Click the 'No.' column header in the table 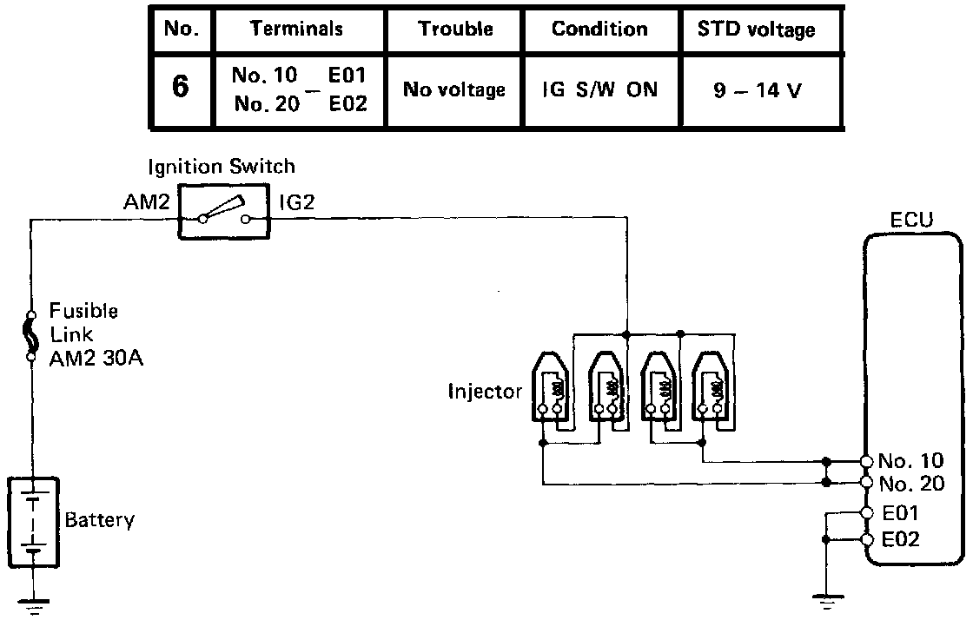tap(181, 29)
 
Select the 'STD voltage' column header tap(756, 29)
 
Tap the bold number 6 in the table tap(181, 89)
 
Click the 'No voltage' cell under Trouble tap(454, 89)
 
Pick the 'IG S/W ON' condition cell tap(599, 89)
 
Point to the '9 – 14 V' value tap(757, 90)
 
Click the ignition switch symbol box tap(224, 211)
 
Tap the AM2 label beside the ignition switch tap(147, 203)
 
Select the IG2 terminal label tap(297, 203)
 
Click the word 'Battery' tap(100, 521)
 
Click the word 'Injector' tap(485, 391)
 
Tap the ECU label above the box tap(911, 220)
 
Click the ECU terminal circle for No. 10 tap(866, 461)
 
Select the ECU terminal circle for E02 tap(866, 539)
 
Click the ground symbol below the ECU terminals tap(823, 599)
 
